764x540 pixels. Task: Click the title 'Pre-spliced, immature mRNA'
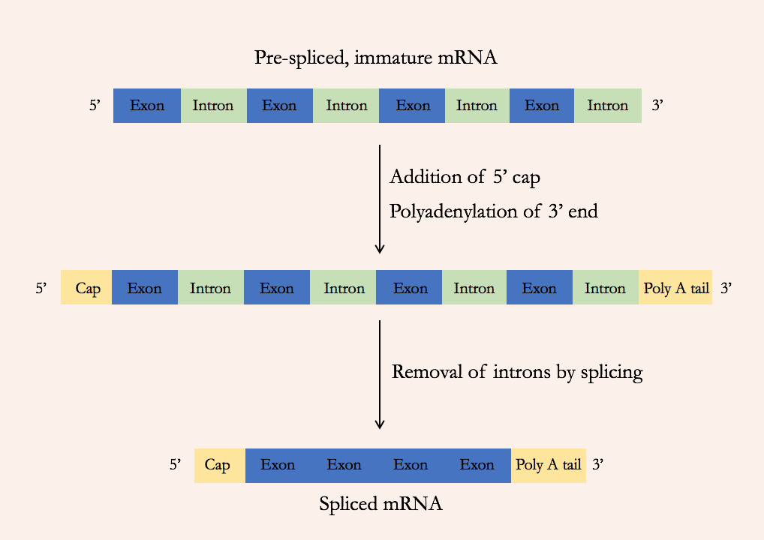pos(375,58)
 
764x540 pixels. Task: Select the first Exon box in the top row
pos(147,106)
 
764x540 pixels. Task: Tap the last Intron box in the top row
pos(608,106)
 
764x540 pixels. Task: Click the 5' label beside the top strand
pos(95,106)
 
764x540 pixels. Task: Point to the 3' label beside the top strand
pos(657,106)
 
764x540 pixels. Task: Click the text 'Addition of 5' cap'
pos(465,178)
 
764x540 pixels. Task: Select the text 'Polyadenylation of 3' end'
pos(493,211)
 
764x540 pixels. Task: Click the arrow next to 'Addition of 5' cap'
pos(380,199)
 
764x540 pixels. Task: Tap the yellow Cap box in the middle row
pos(87,289)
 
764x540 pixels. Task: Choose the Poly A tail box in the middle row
pos(675,289)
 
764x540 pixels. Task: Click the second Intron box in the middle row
pos(344,289)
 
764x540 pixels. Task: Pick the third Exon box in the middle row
pos(410,289)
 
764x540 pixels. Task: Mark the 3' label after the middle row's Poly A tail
pos(726,289)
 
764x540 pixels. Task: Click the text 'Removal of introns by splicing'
pos(517,372)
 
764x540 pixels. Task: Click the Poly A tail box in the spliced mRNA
pos(549,465)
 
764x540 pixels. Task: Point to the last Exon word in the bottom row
pos(477,465)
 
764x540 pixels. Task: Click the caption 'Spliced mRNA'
pos(380,504)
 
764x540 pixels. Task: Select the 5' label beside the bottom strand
pos(175,465)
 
